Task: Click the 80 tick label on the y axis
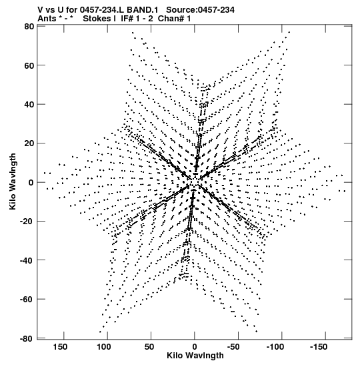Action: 29,27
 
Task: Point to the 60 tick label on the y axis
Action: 29,65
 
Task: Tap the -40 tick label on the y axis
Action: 27,260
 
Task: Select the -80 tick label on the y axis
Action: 27,338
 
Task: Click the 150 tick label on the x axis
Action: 60,347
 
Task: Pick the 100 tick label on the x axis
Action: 104,347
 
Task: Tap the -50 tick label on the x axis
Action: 233,347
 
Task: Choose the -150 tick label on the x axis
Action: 319,347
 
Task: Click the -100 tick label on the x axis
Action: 275,347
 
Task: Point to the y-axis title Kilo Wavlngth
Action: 13,181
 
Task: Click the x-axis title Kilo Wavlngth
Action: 195,356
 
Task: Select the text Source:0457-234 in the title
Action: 200,10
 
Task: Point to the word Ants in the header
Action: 47,19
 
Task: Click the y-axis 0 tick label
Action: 31,183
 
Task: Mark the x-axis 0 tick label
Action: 195,347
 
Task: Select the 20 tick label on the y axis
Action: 29,143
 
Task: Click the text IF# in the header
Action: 127,19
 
